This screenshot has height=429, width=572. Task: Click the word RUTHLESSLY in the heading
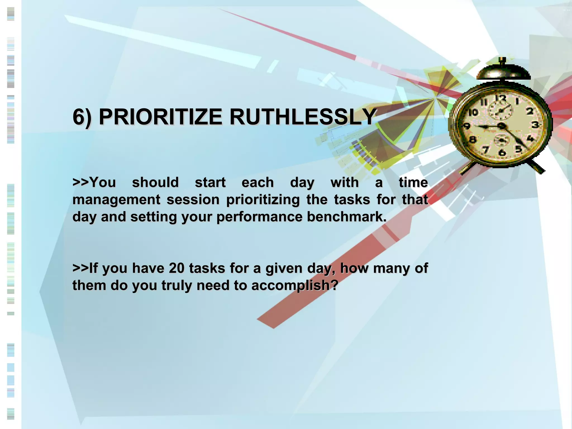point(303,117)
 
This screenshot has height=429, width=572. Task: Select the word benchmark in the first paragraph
point(346,217)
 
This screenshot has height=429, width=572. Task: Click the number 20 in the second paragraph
point(177,268)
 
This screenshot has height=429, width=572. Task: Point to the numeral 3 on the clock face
point(535,125)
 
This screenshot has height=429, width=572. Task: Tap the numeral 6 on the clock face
point(502,152)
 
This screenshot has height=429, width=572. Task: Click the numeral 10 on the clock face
point(473,113)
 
